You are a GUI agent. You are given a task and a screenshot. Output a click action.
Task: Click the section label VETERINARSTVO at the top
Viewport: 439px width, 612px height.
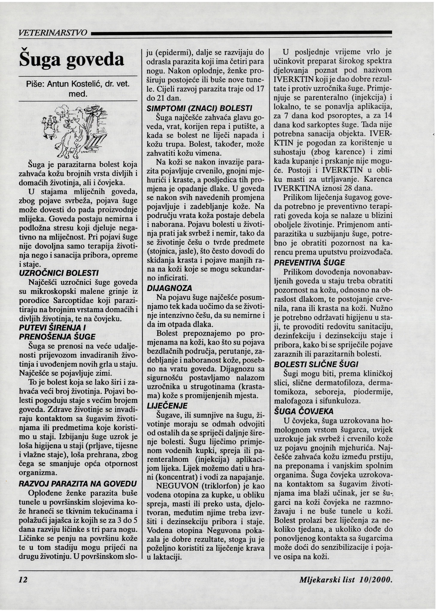point(53,33)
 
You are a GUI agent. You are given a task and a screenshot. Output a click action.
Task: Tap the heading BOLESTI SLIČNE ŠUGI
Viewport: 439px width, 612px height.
point(316,364)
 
